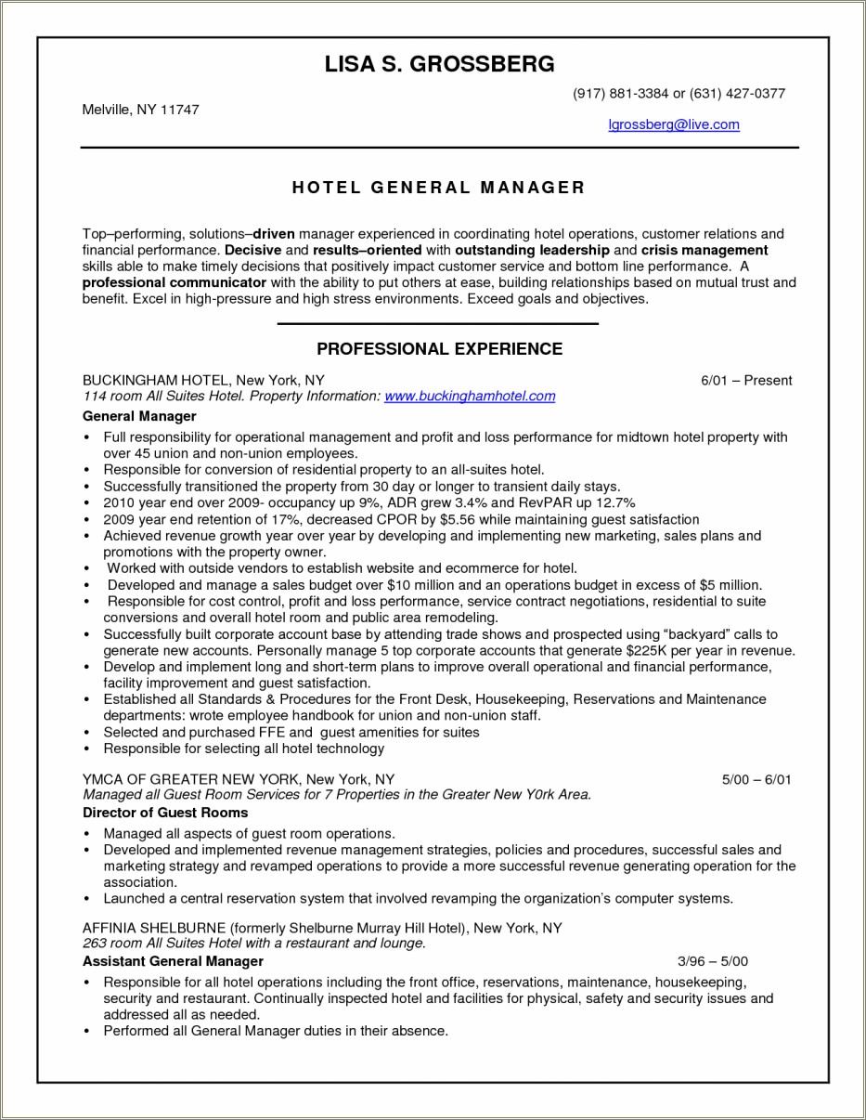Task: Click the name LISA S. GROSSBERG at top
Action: click(439, 64)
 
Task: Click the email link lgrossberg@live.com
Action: click(673, 124)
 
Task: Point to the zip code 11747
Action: click(180, 110)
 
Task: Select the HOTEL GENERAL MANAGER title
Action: click(439, 188)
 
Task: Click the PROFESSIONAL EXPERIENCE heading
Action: click(439, 349)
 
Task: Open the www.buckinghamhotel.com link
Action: click(469, 397)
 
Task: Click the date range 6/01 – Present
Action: click(746, 381)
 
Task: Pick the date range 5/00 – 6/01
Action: click(756, 779)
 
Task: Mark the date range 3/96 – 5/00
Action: click(713, 961)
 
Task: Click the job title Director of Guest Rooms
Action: click(165, 813)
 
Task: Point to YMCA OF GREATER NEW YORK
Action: click(189, 779)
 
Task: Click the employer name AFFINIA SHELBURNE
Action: click(153, 928)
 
